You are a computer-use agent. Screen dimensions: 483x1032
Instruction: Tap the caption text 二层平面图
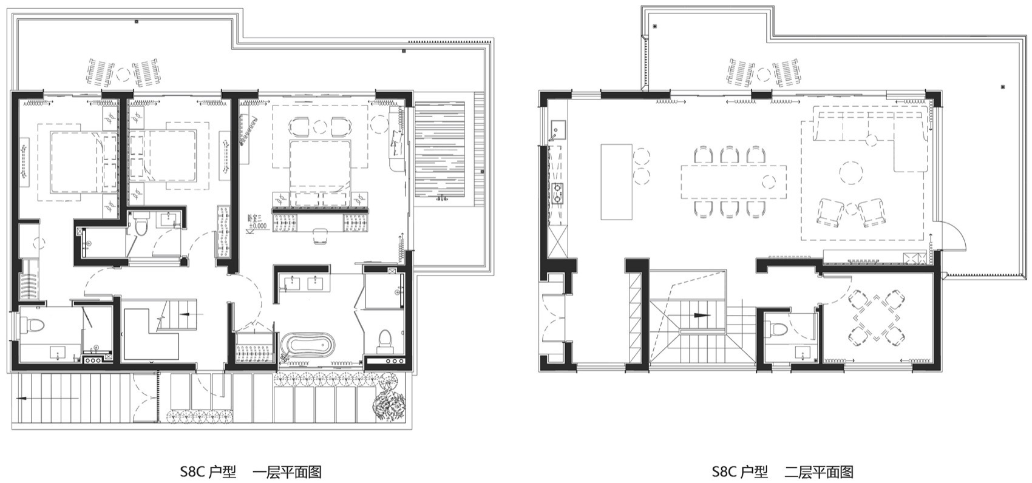819,471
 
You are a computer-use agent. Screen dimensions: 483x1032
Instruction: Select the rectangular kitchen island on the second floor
616,181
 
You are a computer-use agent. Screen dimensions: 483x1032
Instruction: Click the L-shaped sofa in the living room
874,130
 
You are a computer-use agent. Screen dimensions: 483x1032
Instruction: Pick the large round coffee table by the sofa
852,172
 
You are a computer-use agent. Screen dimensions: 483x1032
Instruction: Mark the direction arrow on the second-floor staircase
700,315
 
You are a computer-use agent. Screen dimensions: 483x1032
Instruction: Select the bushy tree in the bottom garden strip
391,400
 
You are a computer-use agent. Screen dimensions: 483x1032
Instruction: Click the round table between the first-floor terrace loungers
123,73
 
